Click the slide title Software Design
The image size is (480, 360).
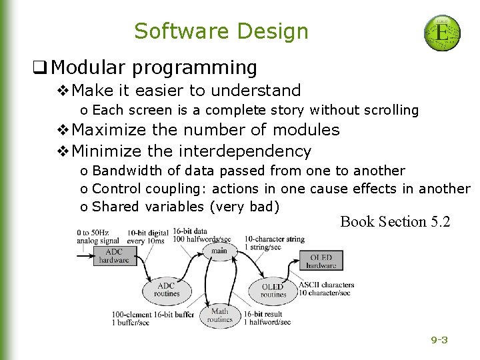pos(221,31)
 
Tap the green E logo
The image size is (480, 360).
pos(441,33)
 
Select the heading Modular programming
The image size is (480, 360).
pos(154,67)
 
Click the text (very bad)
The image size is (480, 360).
pos(244,207)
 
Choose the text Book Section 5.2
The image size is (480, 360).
pos(395,221)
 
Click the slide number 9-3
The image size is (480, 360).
pos(439,340)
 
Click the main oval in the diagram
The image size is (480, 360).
pos(219,251)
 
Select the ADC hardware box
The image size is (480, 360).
pos(114,256)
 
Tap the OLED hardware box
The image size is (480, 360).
pos(321,261)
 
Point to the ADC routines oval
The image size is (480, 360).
pos(166,289)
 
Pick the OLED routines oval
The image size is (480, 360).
pos(273,290)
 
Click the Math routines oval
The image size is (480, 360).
pos(219,315)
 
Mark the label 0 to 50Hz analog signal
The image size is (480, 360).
pos(97,237)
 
